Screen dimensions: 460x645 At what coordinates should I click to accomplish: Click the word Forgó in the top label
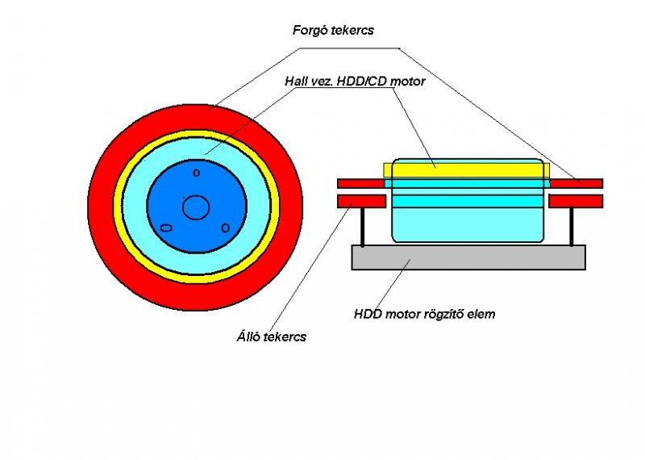pos(311,31)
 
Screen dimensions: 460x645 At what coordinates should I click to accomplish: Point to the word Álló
pos(243,337)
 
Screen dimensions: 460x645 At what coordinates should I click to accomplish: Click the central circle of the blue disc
pos(196,207)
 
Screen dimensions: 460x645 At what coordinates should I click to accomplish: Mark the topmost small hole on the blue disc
pos(196,173)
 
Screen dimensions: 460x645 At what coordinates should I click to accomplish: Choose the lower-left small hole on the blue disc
pos(166,228)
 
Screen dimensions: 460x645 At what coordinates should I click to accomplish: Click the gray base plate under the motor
pos(468,257)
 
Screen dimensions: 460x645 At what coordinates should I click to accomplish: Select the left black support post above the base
pos(363,227)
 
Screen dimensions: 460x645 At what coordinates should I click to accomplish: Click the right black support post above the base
pos(572,227)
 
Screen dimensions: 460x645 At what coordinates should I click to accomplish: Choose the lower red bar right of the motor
pos(576,201)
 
